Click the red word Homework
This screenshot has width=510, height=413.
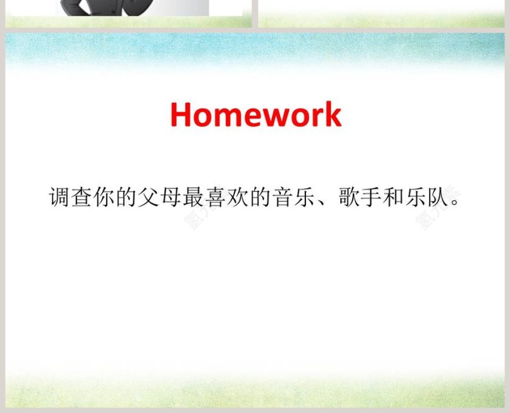[x=256, y=115]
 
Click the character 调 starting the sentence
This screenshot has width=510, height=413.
[x=59, y=198]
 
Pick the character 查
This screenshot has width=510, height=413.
[x=81, y=198]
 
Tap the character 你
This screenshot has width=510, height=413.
[x=104, y=198]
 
